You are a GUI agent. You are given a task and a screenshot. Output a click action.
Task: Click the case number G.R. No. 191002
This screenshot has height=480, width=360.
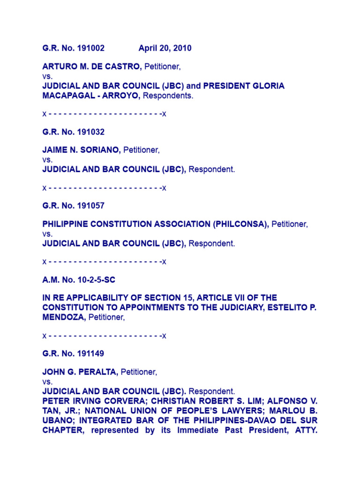coord(74,48)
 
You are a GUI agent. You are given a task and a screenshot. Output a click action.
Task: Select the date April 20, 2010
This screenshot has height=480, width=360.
coord(165,48)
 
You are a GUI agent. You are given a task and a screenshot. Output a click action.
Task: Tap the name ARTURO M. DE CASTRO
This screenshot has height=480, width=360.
coord(92,67)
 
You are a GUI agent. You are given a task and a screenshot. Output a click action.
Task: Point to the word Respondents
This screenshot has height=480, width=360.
coord(167,96)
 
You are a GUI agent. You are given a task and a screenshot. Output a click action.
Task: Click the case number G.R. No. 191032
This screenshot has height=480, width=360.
coord(74,132)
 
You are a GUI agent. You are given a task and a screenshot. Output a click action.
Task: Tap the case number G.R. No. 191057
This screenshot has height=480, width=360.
coord(74,205)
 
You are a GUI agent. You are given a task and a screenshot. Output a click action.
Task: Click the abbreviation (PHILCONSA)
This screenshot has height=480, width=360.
coord(241,224)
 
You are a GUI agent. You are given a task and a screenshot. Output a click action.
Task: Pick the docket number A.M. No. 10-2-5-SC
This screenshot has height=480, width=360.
coord(79,280)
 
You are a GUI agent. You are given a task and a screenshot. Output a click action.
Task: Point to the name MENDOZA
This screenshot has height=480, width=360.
coord(64,317)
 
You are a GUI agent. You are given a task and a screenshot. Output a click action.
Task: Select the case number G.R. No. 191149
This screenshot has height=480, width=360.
coord(74,353)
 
